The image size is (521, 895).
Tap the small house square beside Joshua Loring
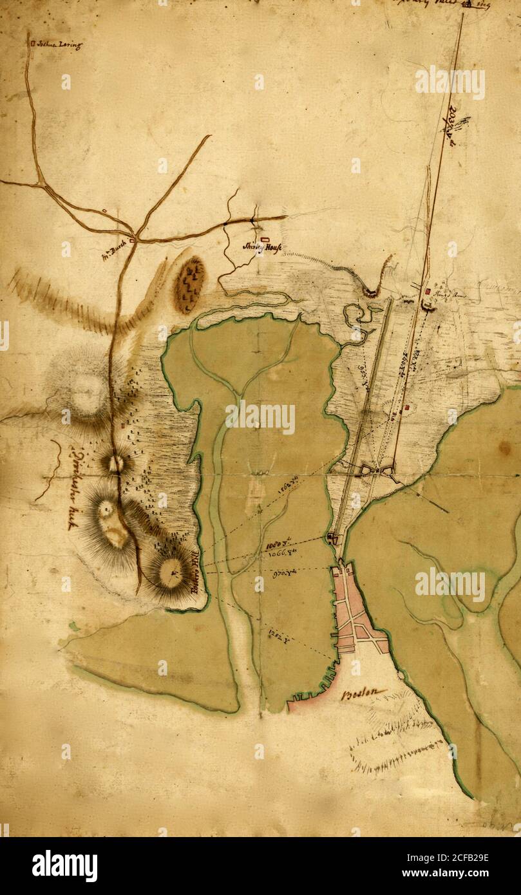[x=32, y=44]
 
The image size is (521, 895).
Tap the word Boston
[x=365, y=694]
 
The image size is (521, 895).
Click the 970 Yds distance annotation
[x=283, y=575]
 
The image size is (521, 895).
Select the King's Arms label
[x=450, y=296]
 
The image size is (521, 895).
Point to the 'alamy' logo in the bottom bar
[x=64, y=865]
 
